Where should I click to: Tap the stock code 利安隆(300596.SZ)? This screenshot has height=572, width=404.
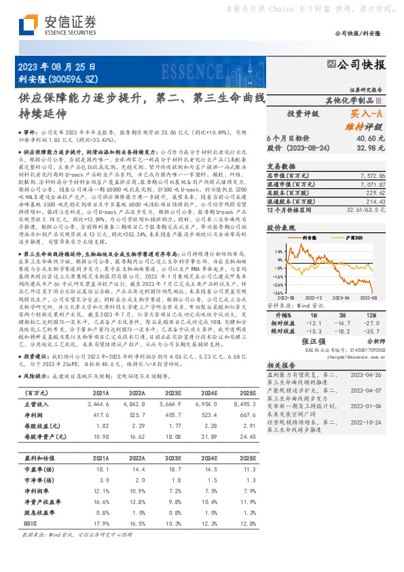click(58, 79)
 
